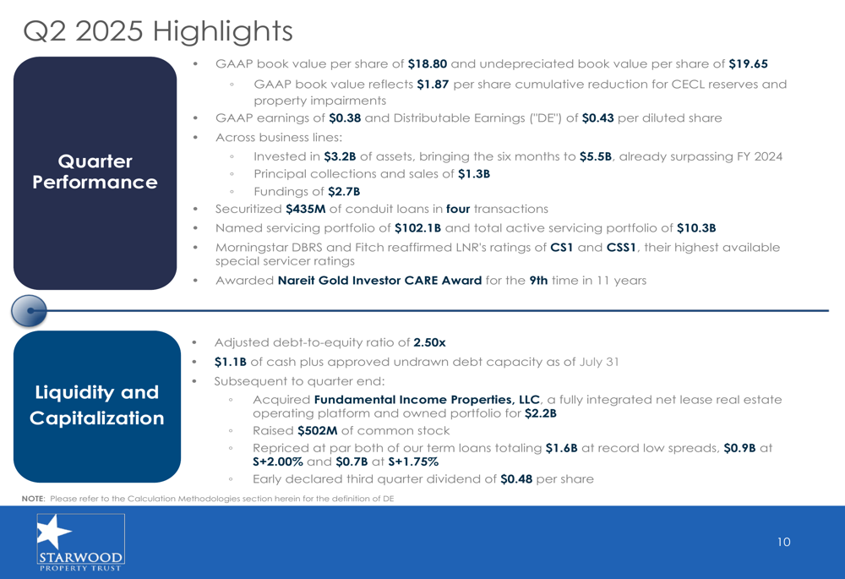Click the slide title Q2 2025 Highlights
158,31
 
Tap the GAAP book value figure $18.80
428,63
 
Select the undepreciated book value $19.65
748,63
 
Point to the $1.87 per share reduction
433,84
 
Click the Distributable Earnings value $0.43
597,118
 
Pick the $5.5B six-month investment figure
596,156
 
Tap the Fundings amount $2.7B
344,191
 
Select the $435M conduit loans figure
306,209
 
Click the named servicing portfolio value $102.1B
417,228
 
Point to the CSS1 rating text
621,248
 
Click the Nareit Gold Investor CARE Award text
379,281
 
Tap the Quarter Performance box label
95,172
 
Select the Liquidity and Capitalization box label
97,405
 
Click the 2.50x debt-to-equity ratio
429,342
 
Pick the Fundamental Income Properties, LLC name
427,400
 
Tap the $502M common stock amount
318,431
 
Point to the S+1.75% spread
413,462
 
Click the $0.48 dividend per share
516,479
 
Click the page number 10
783,542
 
